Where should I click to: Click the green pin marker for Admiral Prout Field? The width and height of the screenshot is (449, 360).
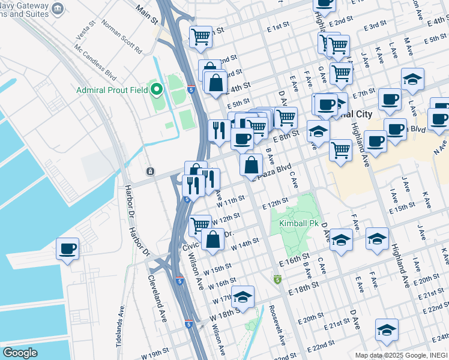(157, 91)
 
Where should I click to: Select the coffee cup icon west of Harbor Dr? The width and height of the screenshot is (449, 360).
(67, 248)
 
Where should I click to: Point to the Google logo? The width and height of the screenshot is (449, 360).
(20, 353)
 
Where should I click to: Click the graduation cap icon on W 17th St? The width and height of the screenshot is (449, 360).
(243, 297)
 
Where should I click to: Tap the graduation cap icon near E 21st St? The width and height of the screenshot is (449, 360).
(387, 329)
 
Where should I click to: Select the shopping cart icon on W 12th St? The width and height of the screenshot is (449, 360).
(200, 226)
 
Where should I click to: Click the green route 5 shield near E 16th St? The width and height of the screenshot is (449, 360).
(277, 280)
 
